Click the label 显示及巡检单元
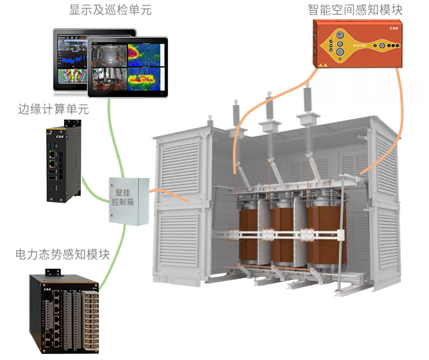click(102, 9)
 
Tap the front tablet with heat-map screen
click(128, 67)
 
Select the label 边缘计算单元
click(53, 109)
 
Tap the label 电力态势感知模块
click(63, 255)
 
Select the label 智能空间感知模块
click(355, 9)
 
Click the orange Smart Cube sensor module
click(360, 45)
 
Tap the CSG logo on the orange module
click(394, 29)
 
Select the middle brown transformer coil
click(284, 233)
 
